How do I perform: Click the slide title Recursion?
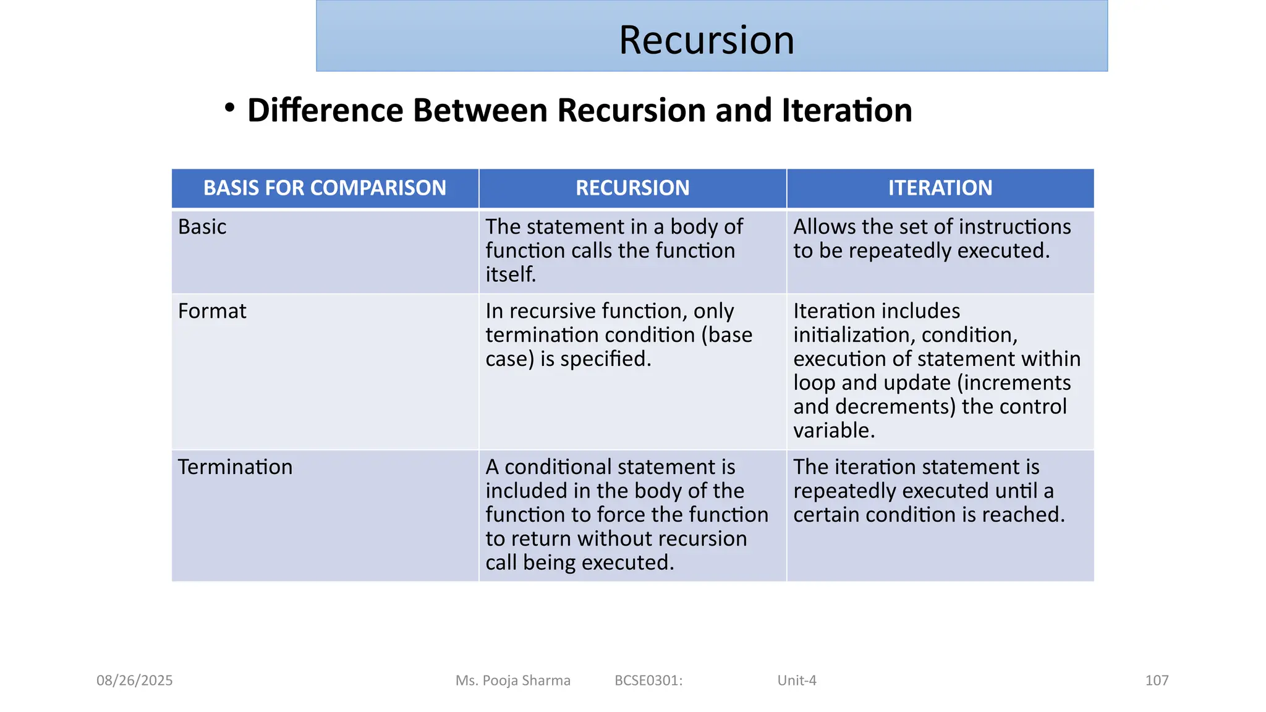pyautogui.click(x=707, y=40)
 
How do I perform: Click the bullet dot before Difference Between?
pyautogui.click(x=230, y=108)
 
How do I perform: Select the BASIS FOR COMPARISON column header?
pyautogui.click(x=325, y=188)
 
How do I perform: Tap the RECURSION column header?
pyautogui.click(x=632, y=188)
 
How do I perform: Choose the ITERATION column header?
pyautogui.click(x=940, y=188)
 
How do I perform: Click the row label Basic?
pyautogui.click(x=202, y=227)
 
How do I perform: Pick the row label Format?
pyautogui.click(x=212, y=311)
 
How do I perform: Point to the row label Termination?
pyautogui.click(x=235, y=467)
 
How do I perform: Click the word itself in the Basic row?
pyautogui.click(x=510, y=274)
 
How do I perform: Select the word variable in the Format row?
pyautogui.click(x=833, y=430)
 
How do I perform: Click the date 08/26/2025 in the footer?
pyautogui.click(x=134, y=680)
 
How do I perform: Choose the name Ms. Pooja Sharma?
pyautogui.click(x=512, y=680)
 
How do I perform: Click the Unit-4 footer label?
pyautogui.click(x=797, y=680)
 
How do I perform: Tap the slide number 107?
pyautogui.click(x=1157, y=680)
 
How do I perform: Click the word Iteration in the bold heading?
pyautogui.click(x=846, y=111)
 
